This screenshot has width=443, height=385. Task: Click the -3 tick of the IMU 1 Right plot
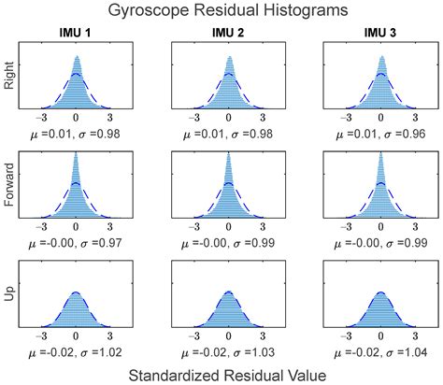(x=42, y=120)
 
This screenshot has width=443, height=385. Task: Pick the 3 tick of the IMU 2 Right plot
(x=263, y=120)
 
